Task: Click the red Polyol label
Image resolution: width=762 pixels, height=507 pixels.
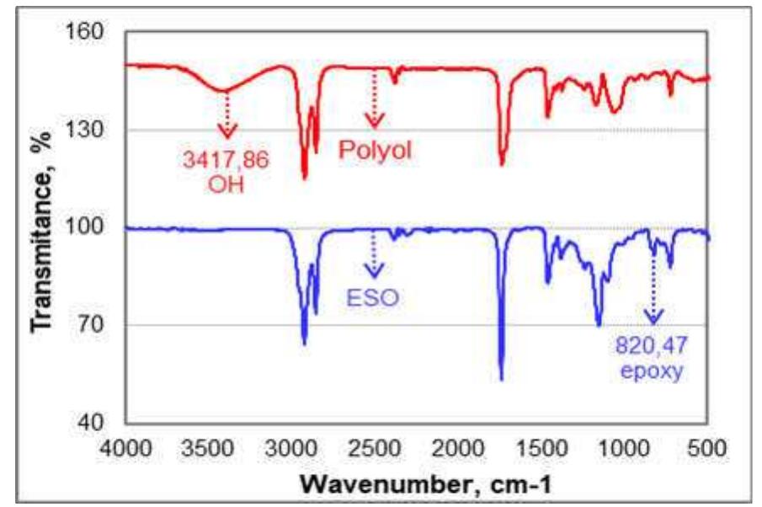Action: (x=378, y=150)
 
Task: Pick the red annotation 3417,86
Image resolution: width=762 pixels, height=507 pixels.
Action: (x=227, y=158)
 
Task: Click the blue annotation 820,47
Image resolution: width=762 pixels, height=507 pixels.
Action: (x=653, y=346)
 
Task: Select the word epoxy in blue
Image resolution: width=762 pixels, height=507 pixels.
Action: (x=653, y=371)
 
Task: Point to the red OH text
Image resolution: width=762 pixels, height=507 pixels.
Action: (x=226, y=184)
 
